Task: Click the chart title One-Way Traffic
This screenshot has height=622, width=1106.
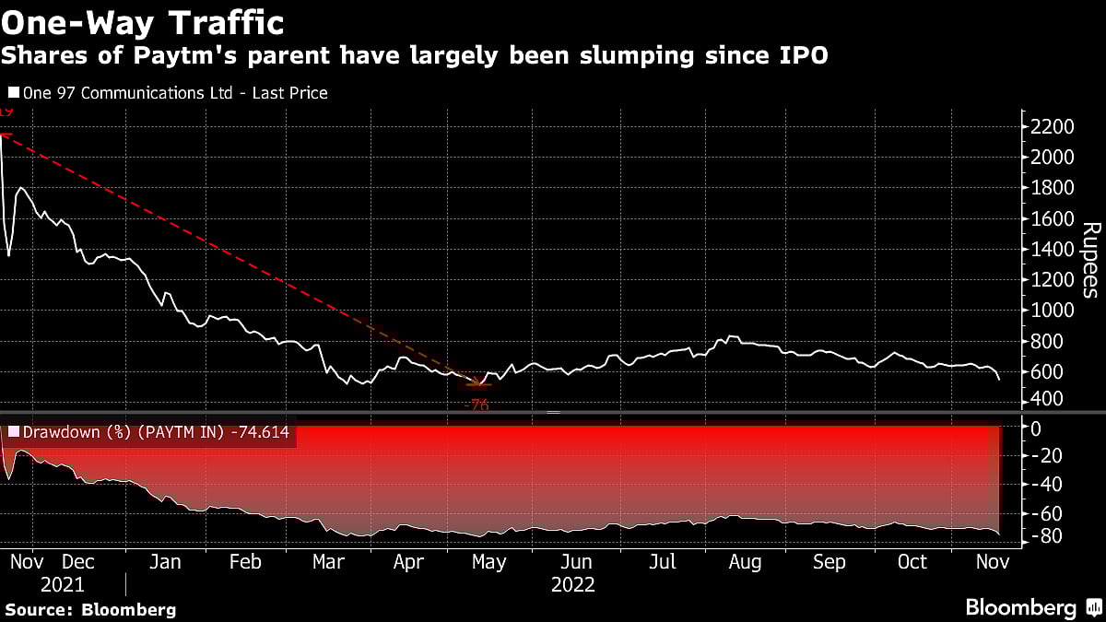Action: pyautogui.click(x=142, y=20)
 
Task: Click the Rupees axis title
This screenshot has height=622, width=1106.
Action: pyautogui.click(x=1089, y=261)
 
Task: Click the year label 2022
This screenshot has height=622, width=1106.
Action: pyautogui.click(x=572, y=585)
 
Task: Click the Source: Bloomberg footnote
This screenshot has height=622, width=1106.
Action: pyautogui.click(x=89, y=609)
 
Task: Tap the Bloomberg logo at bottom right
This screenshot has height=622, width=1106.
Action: pyautogui.click(x=1031, y=607)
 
